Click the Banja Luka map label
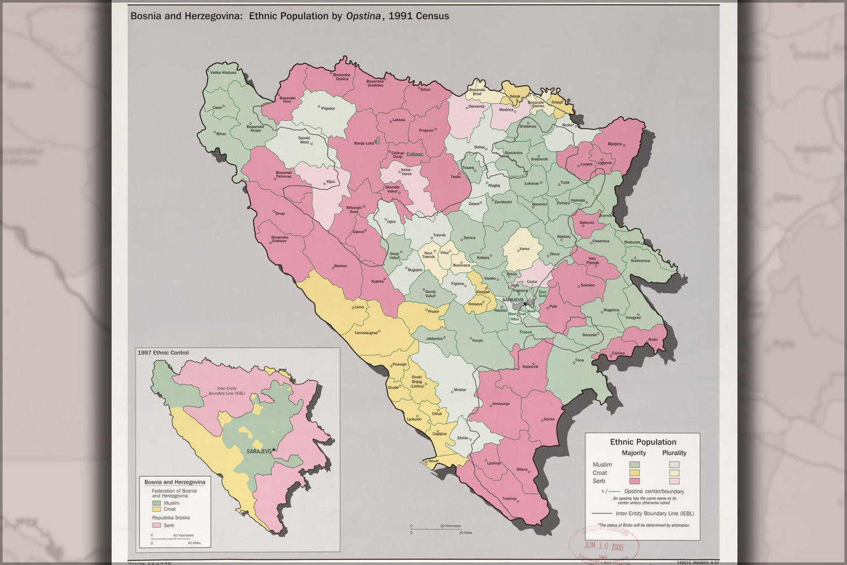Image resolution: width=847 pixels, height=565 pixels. [x=364, y=144]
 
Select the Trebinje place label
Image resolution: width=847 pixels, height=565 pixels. [x=509, y=498]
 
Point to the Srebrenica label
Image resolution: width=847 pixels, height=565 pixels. [x=640, y=260]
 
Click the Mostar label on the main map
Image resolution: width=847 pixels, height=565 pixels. [x=460, y=390]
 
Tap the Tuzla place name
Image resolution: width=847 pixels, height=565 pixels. [x=564, y=182]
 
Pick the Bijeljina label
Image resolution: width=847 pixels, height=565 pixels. [x=615, y=144]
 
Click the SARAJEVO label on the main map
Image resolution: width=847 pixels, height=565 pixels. [x=512, y=300]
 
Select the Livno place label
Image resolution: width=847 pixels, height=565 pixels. [x=359, y=307]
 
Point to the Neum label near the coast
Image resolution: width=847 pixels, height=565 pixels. [x=433, y=461]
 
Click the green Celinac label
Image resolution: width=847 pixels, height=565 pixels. [x=414, y=154]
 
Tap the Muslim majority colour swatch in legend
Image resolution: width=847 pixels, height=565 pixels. [x=634, y=465]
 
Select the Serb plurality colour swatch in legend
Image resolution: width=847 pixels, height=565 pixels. [x=674, y=481]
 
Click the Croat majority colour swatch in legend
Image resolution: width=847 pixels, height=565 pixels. [x=634, y=473]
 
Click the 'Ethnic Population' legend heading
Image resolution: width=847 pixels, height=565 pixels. [x=642, y=442]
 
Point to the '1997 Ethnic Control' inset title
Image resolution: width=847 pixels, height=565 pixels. [x=163, y=353]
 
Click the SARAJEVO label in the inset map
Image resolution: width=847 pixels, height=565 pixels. [x=259, y=451]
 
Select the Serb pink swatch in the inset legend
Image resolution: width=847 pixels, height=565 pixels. [x=157, y=525]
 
